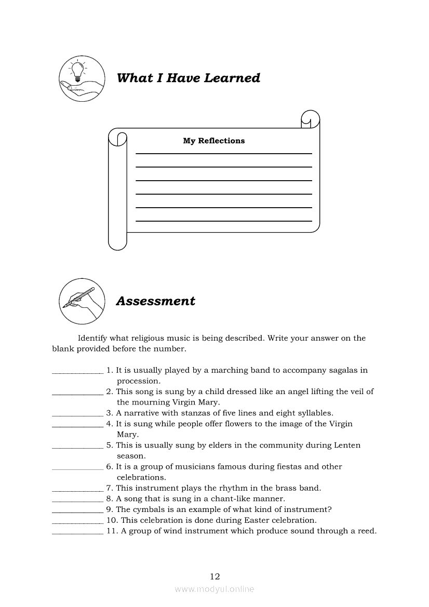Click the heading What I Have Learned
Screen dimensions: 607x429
tap(189, 78)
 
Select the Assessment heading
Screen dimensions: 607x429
tap(155, 301)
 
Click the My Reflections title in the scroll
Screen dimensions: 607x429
tap(213, 141)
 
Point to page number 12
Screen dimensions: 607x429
tap(215, 576)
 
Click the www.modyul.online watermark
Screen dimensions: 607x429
tap(214, 589)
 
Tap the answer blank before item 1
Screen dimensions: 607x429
tap(77, 371)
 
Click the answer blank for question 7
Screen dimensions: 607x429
tap(77, 489)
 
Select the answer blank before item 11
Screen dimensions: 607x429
tap(77, 532)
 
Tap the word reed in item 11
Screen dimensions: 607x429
tap(366, 531)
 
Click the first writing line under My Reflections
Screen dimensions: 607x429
tap(223, 153)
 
